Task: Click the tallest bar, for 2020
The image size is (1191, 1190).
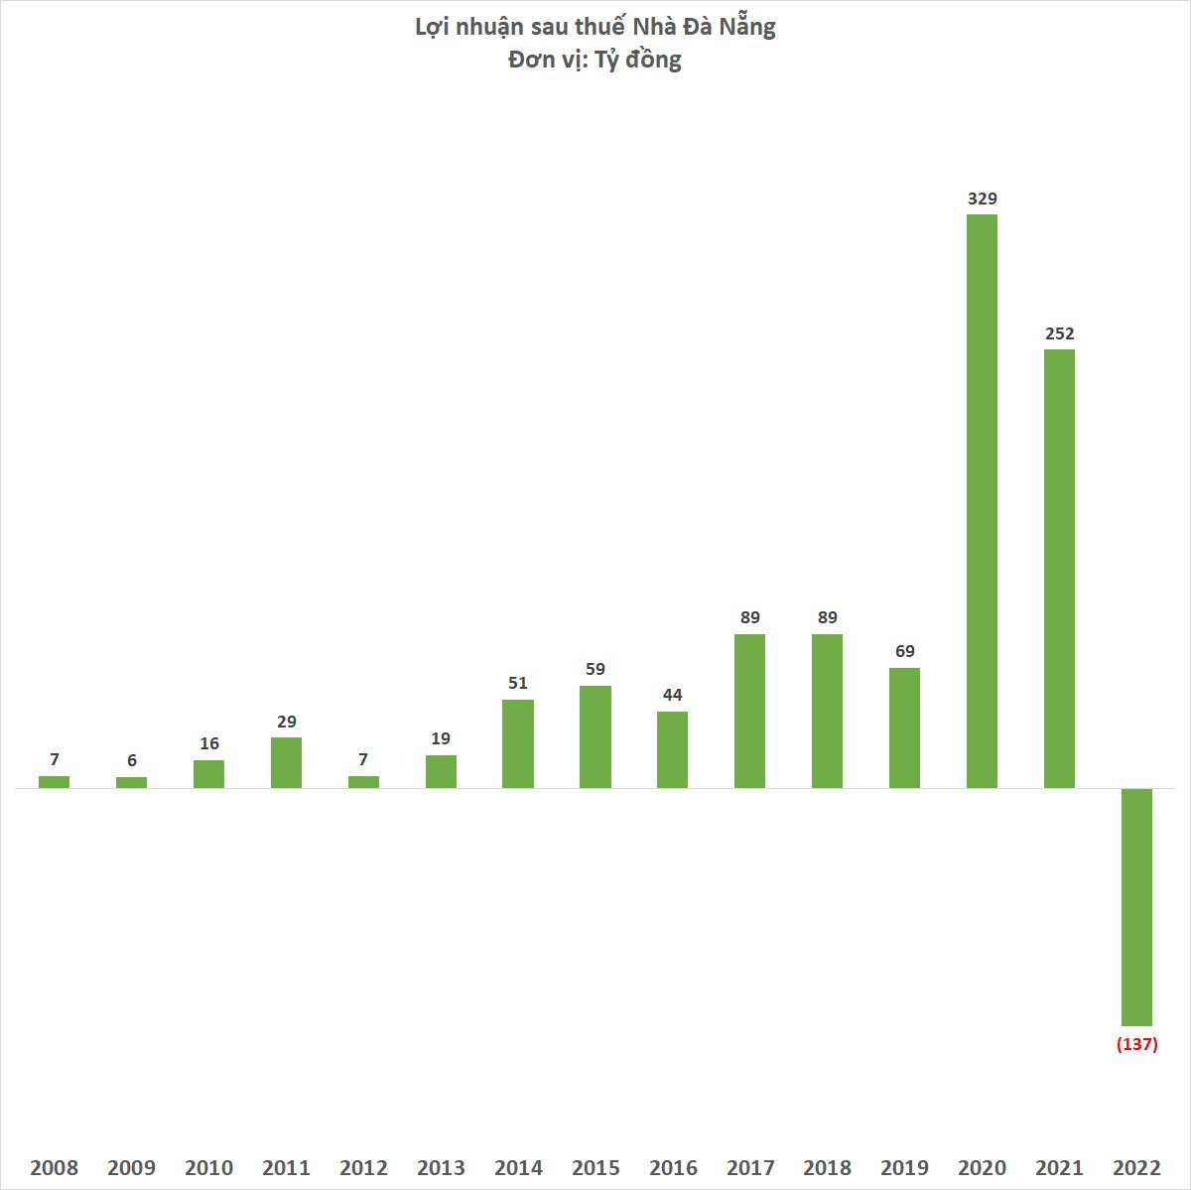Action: click(x=982, y=501)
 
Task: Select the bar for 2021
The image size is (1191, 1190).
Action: click(x=1059, y=569)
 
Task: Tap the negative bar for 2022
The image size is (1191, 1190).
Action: click(x=1136, y=907)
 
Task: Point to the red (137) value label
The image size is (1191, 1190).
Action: click(x=1137, y=1044)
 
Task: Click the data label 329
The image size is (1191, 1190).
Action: click(x=982, y=198)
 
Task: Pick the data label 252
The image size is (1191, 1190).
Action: click(x=1059, y=333)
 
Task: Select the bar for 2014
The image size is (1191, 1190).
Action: click(x=518, y=743)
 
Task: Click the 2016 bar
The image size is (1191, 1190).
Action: click(x=672, y=749)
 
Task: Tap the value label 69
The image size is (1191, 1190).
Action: click(x=904, y=651)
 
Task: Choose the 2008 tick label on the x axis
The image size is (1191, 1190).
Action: click(x=54, y=1167)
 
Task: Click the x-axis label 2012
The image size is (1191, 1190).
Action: click(x=363, y=1167)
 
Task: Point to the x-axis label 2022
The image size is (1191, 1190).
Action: click(x=1136, y=1167)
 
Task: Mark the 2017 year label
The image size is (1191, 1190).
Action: click(x=749, y=1167)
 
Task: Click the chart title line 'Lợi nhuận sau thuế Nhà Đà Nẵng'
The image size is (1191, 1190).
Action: click(x=595, y=27)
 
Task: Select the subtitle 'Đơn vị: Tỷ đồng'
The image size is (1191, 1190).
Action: click(x=595, y=60)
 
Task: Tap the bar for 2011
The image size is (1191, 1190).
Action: click(x=286, y=762)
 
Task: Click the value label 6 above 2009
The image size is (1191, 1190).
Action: click(x=131, y=760)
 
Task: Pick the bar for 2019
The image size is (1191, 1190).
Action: click(x=904, y=727)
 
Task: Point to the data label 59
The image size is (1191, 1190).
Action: click(x=595, y=669)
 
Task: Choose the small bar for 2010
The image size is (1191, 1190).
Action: click(x=208, y=774)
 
